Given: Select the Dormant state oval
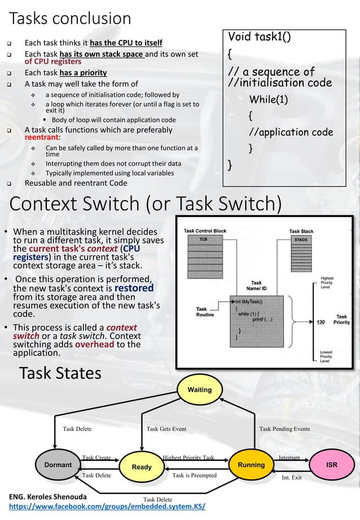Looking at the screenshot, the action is (x=58, y=465).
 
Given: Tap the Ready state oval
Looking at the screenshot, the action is (x=142, y=467).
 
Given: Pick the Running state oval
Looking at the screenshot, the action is (x=251, y=465).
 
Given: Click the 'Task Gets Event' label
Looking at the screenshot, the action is (x=166, y=429).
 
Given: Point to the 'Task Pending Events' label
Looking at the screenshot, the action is (x=284, y=429).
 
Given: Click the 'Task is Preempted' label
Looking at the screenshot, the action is (x=194, y=475).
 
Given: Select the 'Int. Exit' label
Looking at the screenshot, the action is (x=291, y=478).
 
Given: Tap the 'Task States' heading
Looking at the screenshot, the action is (x=60, y=373).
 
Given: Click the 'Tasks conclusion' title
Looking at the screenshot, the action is (x=71, y=18).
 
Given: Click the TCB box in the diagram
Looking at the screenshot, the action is (x=203, y=239).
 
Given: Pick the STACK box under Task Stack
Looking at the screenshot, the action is (x=301, y=239).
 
